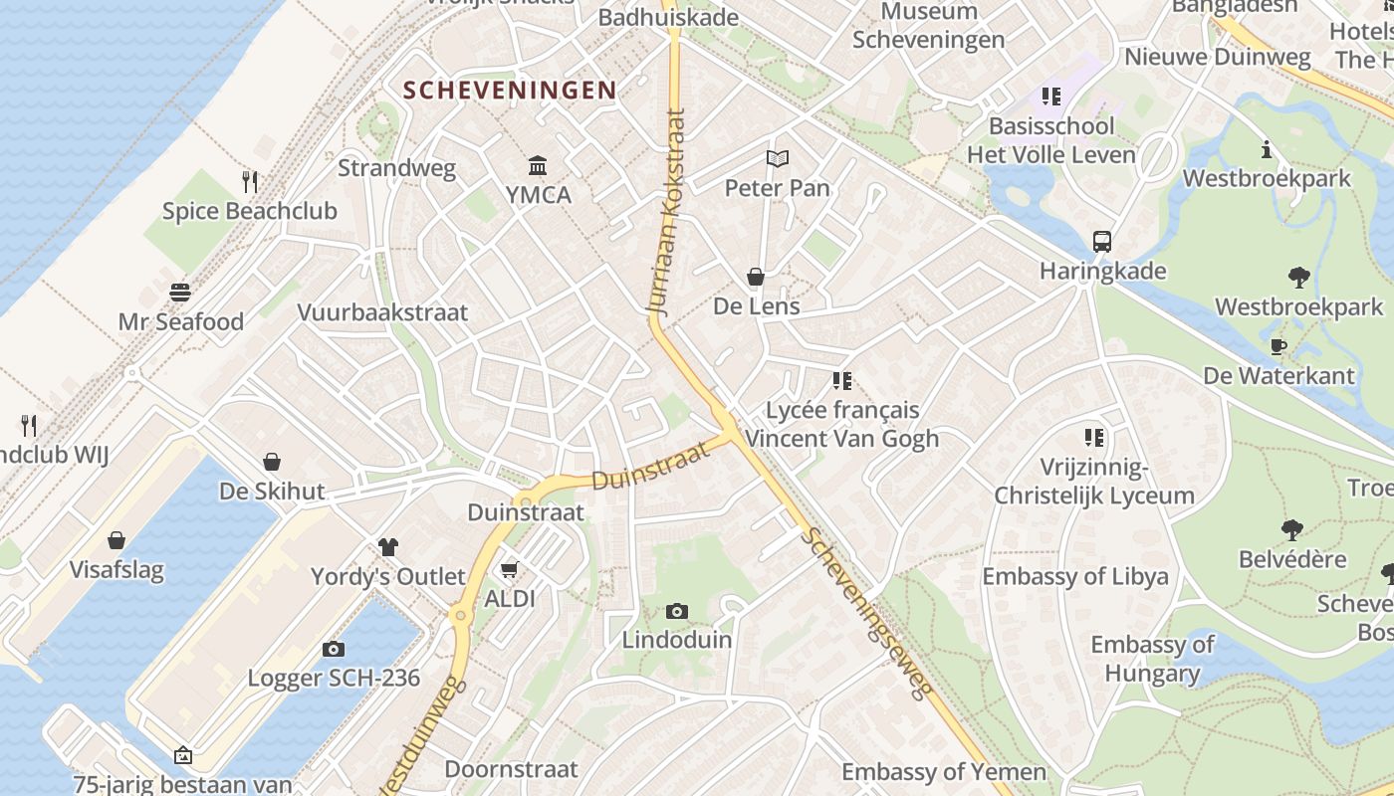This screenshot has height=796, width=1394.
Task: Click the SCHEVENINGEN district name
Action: pos(510,91)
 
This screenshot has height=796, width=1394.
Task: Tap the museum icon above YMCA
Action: pos(538,165)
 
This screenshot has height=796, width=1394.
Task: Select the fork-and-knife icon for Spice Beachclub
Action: pos(250,182)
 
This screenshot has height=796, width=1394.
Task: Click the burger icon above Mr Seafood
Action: pos(180,293)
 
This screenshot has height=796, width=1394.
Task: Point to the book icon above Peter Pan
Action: pos(777,158)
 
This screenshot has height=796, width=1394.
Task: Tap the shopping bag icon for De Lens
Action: pos(756,277)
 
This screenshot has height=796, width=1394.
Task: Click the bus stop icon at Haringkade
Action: pos(1102,241)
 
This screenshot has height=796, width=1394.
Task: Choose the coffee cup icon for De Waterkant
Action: pos(1278,346)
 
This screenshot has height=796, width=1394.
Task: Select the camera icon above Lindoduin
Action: pos(677,611)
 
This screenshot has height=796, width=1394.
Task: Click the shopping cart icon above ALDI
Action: pos(510,570)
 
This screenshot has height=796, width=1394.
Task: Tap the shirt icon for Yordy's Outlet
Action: pos(388,546)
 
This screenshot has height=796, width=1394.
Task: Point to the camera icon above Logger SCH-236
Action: pos(334,650)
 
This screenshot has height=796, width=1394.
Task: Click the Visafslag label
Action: pos(116,570)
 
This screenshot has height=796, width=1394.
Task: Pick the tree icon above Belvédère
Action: pos(1292,529)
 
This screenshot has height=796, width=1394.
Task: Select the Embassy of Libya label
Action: pos(1075,576)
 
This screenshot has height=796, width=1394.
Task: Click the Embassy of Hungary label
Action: pos(1153,659)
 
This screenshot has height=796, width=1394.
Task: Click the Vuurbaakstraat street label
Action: pos(382,312)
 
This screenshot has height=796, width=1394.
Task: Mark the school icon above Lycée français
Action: pos(842,380)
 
